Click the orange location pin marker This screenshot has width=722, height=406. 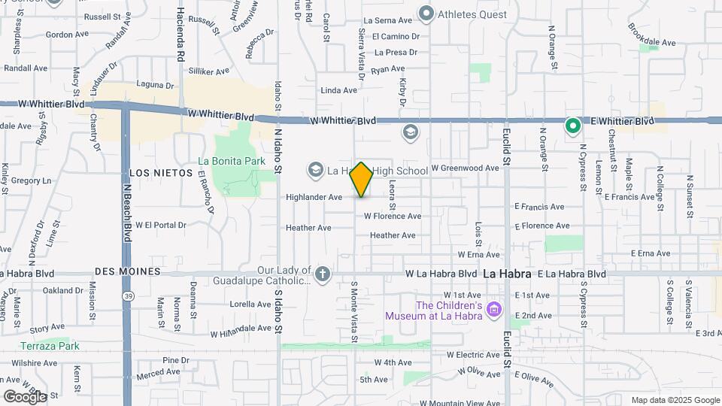[362, 180]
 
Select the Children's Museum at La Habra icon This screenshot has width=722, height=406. [493, 310]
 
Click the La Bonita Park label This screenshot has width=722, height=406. [232, 160]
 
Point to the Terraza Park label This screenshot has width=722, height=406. [50, 346]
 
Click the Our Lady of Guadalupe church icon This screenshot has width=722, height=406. [323, 274]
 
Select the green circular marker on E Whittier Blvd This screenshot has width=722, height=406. [572, 125]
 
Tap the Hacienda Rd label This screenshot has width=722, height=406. [180, 35]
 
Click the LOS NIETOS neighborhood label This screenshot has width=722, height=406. [156, 173]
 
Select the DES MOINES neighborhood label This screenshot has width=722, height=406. [128, 271]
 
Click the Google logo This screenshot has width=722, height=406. [24, 396]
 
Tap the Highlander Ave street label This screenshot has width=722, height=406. [314, 197]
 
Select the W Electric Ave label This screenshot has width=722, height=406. [473, 354]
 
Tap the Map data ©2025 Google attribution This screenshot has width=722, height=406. [675, 400]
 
